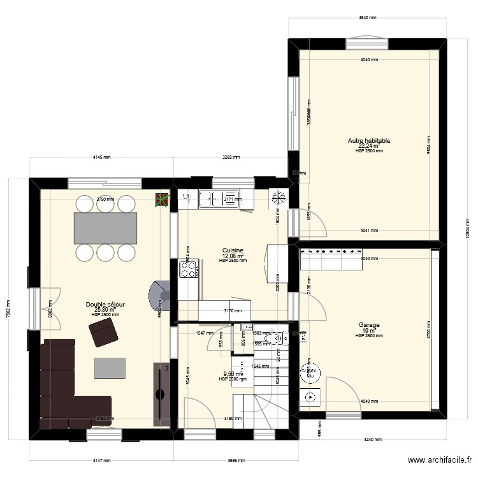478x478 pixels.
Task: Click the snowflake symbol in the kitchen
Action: pyautogui.click(x=278, y=198)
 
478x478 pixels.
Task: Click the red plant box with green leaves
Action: pyautogui.click(x=163, y=201)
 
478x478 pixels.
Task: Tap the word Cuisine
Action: pyautogui.click(x=232, y=250)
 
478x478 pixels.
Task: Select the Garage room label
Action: pyautogui.click(x=369, y=325)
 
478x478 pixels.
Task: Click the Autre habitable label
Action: pyautogui.click(x=369, y=141)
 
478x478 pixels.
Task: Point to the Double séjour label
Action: pyautogui.click(x=106, y=305)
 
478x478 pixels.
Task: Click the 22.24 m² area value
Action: pyautogui.click(x=369, y=146)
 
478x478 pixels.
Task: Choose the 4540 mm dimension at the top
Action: pyautogui.click(x=369, y=18)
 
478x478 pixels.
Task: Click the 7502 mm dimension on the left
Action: pyautogui.click(x=8, y=307)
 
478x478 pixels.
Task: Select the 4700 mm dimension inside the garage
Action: pyautogui.click(x=429, y=331)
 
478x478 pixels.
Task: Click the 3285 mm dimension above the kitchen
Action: pyautogui.click(x=231, y=157)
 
